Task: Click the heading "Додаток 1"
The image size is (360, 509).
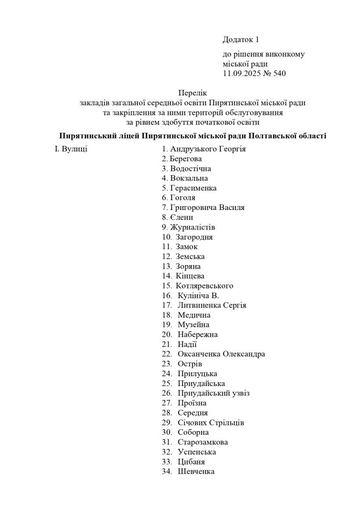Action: click(x=240, y=40)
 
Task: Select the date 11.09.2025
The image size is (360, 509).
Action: click(x=242, y=74)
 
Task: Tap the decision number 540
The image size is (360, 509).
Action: click(x=280, y=74)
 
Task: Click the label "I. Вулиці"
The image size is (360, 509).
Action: click(x=71, y=149)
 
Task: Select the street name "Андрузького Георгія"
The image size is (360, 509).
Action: click(x=208, y=149)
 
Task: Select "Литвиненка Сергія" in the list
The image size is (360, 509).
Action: click(x=212, y=305)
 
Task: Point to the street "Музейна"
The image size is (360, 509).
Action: click(x=194, y=325)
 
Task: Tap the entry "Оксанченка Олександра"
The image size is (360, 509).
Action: click(x=221, y=354)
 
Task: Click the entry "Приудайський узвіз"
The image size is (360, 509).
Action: click(x=214, y=393)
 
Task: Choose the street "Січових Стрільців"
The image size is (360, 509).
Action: click(x=211, y=423)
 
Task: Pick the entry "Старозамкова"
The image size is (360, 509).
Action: click(x=203, y=442)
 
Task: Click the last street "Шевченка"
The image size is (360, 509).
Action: click(x=196, y=472)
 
